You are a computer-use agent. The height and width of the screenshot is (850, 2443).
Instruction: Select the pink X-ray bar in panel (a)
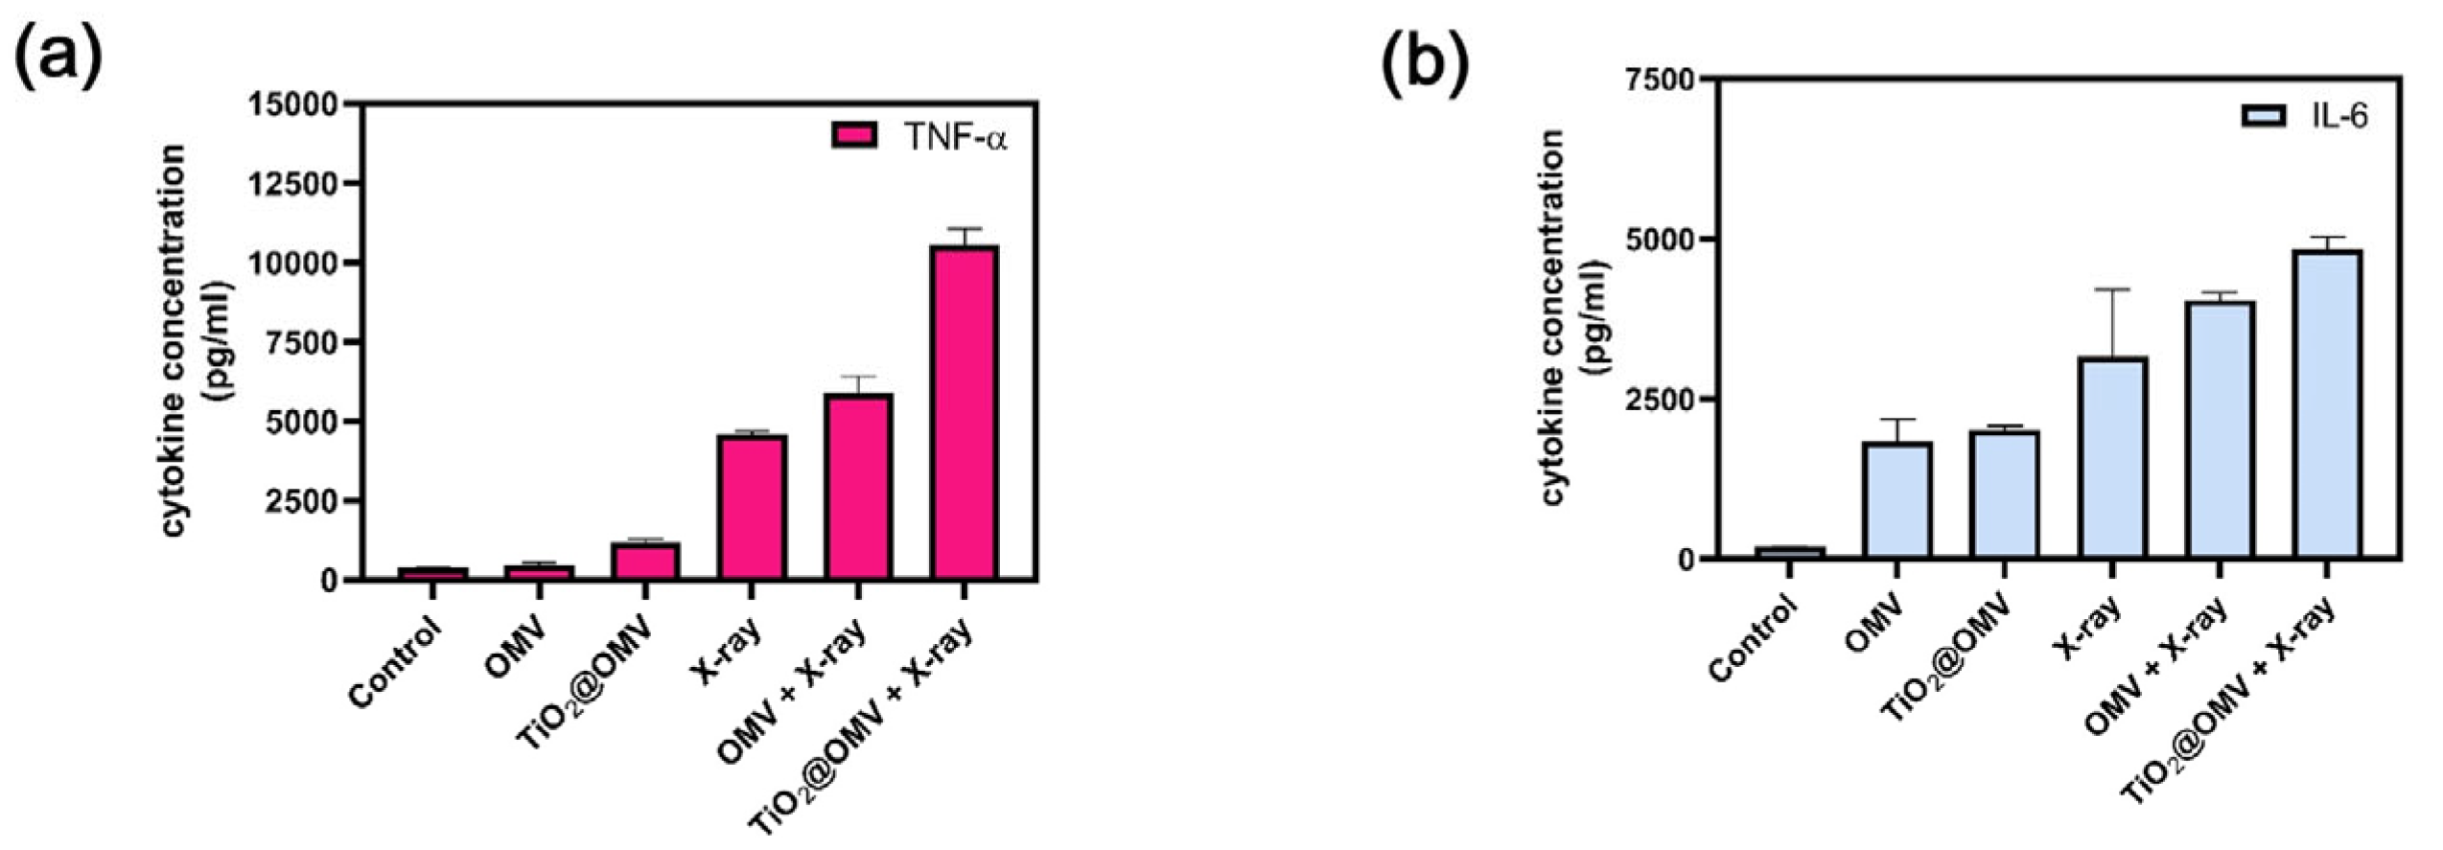coord(753,507)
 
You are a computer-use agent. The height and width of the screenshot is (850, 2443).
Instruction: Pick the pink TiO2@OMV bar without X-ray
coord(646,562)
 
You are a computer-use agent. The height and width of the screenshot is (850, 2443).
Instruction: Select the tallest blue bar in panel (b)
coord(2327,403)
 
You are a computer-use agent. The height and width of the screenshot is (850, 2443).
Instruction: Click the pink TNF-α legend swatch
coord(853,136)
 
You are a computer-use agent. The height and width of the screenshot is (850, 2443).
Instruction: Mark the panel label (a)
coord(58,59)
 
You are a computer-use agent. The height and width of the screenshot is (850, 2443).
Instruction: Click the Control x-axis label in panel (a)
coord(396,662)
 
